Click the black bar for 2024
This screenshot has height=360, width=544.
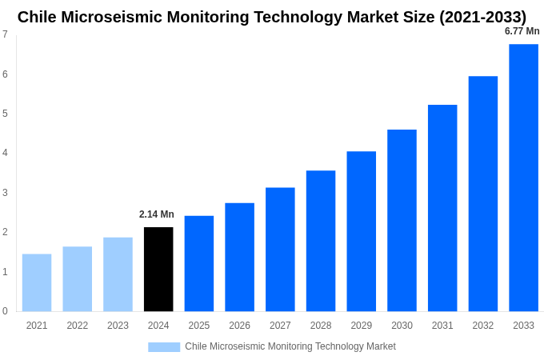tap(158, 269)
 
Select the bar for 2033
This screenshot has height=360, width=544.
tap(523, 178)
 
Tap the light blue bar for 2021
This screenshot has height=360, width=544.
tap(37, 282)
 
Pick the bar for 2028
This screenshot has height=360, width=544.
tap(321, 241)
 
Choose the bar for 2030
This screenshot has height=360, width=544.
tap(402, 220)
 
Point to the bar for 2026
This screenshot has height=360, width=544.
tap(239, 257)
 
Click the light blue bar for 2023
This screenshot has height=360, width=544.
tap(118, 274)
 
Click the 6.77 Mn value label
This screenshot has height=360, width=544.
tap(522, 31)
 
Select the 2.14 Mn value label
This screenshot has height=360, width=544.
tap(157, 214)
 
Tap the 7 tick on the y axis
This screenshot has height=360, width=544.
tap(5, 34)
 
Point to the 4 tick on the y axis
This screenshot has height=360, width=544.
tap(5, 153)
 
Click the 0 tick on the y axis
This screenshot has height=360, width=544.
tap(5, 311)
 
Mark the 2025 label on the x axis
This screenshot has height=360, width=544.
tap(199, 326)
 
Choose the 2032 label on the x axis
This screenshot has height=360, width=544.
tap(483, 326)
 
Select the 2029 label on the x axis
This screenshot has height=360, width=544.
tap(362, 326)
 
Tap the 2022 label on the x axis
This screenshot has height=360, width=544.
tap(78, 326)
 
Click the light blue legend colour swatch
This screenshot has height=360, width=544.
tap(164, 347)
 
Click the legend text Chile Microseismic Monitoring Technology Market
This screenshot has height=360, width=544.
tap(290, 346)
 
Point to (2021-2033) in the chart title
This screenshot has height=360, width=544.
tap(482, 17)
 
